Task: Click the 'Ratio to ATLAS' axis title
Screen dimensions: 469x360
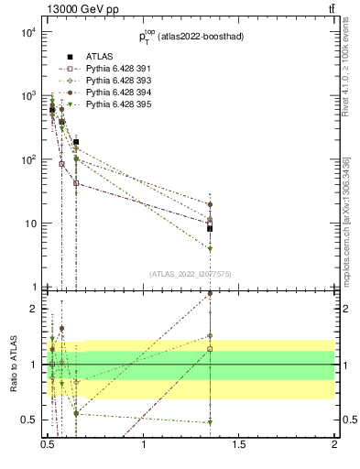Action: pos(12,365)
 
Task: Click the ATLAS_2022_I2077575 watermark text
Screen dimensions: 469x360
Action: pos(191,273)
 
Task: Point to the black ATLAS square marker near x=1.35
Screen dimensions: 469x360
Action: pos(210,228)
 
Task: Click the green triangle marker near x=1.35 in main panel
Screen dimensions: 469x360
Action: pos(210,248)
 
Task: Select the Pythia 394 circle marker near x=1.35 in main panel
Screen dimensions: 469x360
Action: pos(210,205)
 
